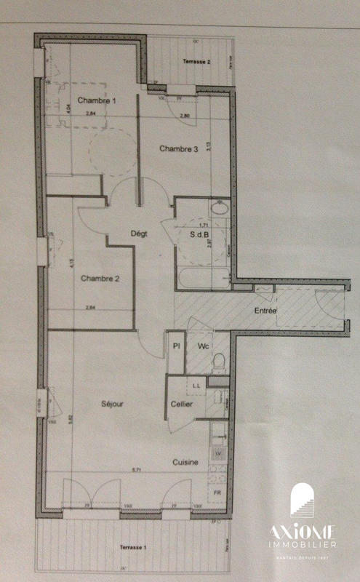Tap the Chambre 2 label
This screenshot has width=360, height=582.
click(x=100, y=277)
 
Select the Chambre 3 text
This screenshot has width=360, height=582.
click(x=179, y=148)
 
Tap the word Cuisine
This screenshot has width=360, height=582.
click(x=185, y=462)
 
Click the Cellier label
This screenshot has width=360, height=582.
click(x=181, y=404)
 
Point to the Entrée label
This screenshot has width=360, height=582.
click(x=265, y=311)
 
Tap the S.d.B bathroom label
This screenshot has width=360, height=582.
click(x=199, y=234)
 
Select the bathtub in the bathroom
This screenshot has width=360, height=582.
click(x=202, y=279)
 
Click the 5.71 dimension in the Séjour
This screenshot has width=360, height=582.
click(x=136, y=469)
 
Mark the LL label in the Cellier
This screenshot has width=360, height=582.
click(x=196, y=383)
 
